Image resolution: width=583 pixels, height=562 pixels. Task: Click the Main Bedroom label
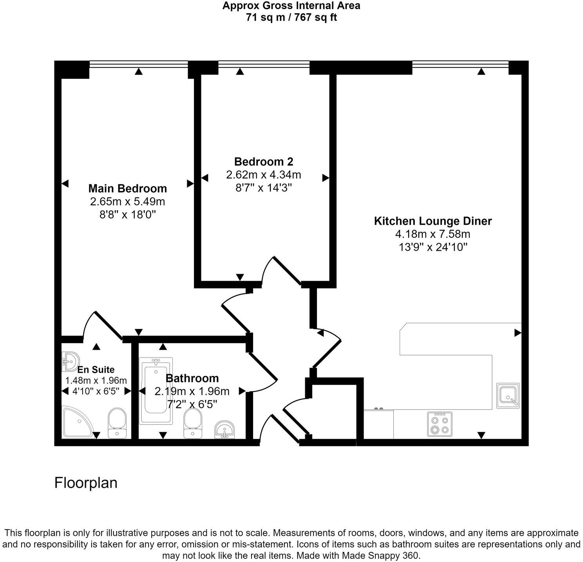127,188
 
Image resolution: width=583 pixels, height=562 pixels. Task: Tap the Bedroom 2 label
263,161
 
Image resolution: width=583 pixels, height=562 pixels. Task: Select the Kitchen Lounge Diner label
433,221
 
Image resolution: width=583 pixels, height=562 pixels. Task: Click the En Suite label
96,370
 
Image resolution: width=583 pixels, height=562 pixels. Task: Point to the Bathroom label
192,378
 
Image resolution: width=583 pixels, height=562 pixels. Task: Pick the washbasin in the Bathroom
225,430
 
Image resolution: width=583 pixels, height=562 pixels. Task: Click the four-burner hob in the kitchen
439,425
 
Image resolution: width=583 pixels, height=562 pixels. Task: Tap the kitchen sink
508,395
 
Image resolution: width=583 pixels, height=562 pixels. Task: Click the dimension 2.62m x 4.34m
263,175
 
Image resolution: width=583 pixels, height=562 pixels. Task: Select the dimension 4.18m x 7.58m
433,234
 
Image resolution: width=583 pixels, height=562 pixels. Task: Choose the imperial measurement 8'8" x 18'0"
127,215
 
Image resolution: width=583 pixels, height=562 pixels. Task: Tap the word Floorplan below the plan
86,483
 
